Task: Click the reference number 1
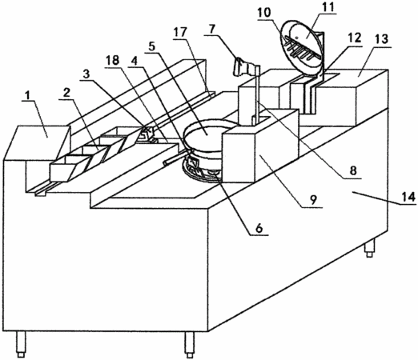pos(26,95)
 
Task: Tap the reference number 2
pos(66,93)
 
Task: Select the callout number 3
pos(86,74)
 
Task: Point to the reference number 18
pos(112,61)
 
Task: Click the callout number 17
pos(179,32)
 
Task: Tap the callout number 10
pos(264,12)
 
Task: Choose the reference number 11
pos(328,7)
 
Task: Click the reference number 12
pos(355,38)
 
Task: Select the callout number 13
pos(382,39)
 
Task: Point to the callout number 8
pos(353,170)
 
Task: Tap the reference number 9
pos(313,199)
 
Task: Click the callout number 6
pos(259,228)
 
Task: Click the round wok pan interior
pos(206,131)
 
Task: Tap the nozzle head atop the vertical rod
pos(244,66)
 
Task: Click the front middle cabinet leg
pos(190,345)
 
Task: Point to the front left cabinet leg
pos(21,344)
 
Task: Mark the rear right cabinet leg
pos(370,247)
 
